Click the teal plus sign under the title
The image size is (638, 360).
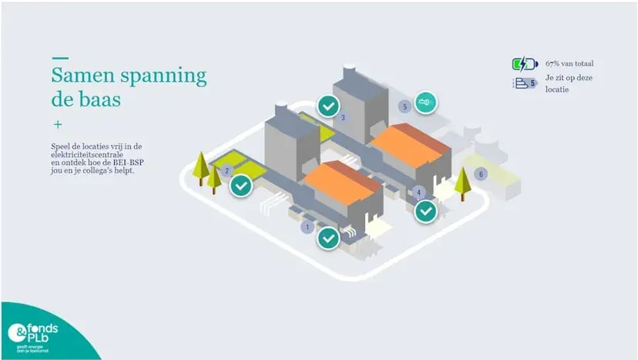tap(57, 124)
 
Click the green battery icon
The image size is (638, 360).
tap(525, 64)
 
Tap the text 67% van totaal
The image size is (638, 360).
tap(569, 64)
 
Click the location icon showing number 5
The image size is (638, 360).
tap(525, 83)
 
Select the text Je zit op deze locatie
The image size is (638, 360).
tap(569, 83)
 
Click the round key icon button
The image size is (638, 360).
tap(423, 103)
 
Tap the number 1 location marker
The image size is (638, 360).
tap(307, 227)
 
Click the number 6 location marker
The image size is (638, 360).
tap(482, 174)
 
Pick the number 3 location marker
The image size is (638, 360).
tap(343, 118)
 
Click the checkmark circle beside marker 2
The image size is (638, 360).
tap(241, 185)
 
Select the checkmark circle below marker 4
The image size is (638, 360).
tap(425, 211)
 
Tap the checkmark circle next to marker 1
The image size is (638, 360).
tap(329, 238)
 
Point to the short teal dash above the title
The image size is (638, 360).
tap(59, 58)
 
